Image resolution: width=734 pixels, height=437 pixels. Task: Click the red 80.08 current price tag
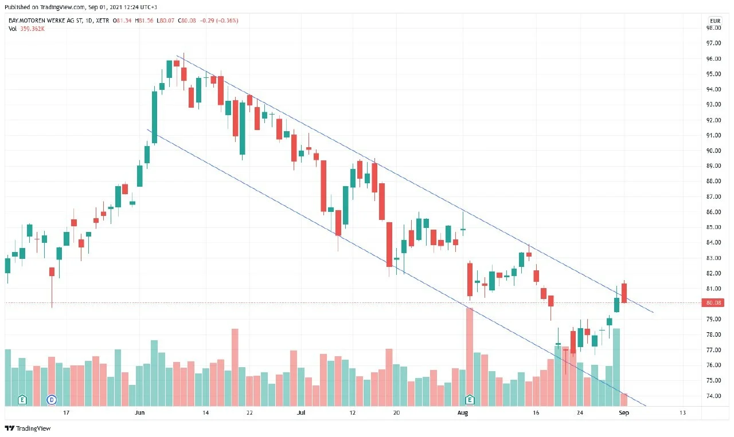pos(713,303)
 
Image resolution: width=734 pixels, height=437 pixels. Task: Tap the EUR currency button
pos(715,21)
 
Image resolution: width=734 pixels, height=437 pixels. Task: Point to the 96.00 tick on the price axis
pos(713,59)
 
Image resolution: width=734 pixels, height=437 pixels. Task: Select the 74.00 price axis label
pos(713,396)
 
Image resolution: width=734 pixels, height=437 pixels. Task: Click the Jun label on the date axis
pos(139,413)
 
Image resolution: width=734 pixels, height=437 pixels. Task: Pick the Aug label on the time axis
pos(462,413)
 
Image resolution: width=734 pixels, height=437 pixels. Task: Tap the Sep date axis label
pos(624,413)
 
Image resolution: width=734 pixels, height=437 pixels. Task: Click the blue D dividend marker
pos(52,400)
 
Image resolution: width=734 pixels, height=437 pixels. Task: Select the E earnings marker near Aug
pos(470,399)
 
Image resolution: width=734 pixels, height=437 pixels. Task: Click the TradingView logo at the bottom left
pos(28,428)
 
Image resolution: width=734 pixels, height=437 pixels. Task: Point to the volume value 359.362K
pos(32,29)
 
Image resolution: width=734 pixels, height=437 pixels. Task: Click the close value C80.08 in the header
pos(187,21)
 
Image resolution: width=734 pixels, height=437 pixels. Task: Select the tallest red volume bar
pos(470,357)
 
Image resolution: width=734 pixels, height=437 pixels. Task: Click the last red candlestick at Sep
pos(624,293)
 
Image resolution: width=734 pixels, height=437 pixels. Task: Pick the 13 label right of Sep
pos(682,413)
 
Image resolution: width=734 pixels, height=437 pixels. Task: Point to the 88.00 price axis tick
pos(713,181)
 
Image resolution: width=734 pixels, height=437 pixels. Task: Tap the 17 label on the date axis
pos(66,413)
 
